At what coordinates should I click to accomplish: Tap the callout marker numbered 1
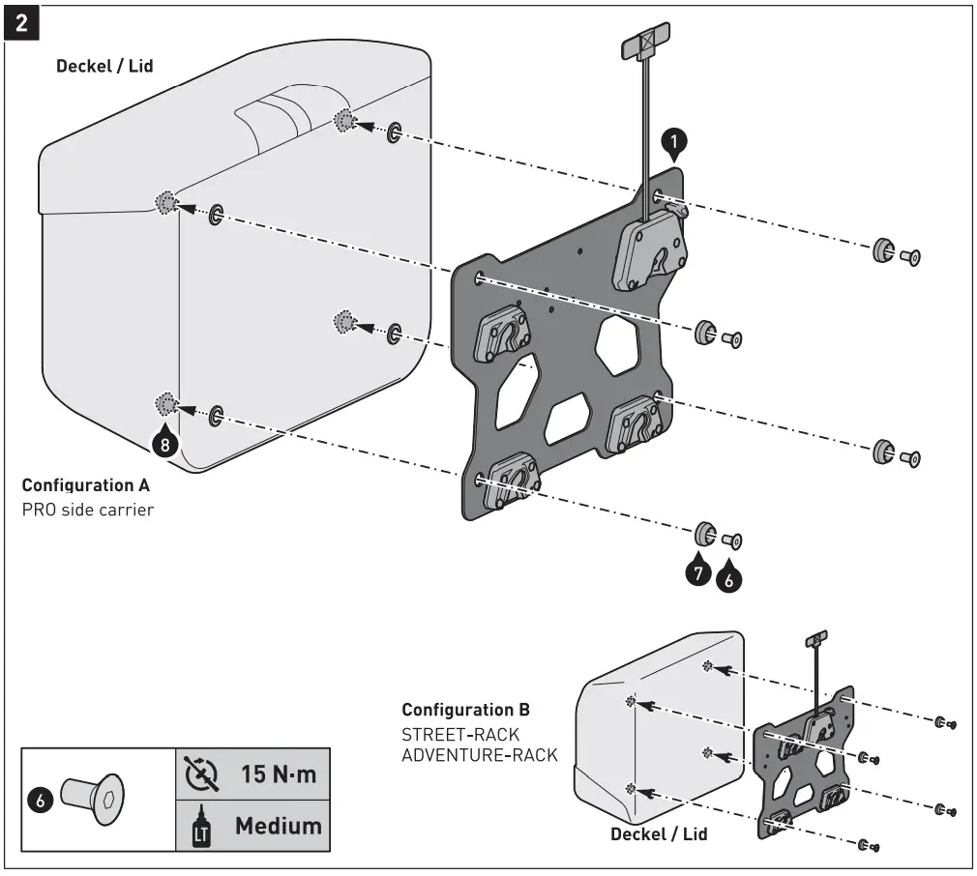tap(673, 143)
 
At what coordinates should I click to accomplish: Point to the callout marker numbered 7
tap(698, 571)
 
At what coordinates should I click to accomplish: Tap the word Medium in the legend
tap(278, 825)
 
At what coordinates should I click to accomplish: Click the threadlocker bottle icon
tap(201, 827)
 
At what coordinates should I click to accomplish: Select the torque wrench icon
tap(201, 775)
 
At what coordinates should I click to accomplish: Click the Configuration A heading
tap(85, 484)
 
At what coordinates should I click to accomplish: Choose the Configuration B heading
tap(465, 710)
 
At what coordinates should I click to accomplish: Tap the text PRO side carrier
tap(87, 509)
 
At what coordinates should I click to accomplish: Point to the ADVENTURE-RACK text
tap(479, 755)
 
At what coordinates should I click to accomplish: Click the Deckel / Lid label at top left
tap(104, 66)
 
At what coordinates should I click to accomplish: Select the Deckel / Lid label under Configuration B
tap(659, 833)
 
